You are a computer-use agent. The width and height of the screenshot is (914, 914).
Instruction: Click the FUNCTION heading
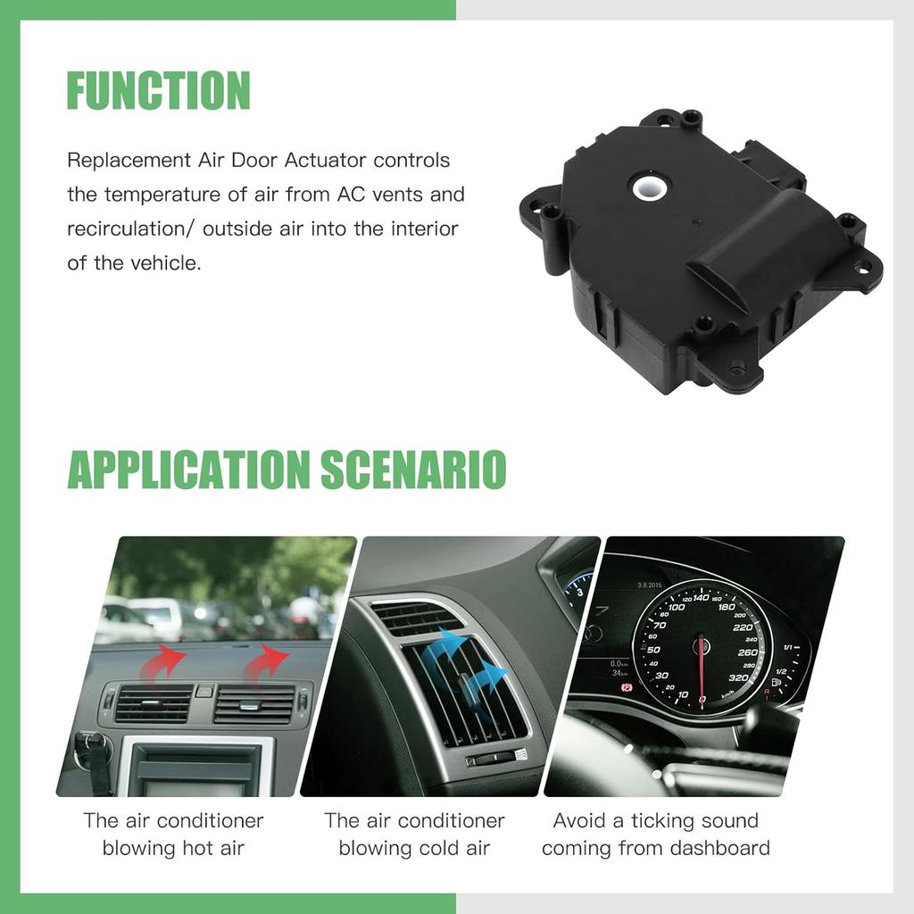point(158,90)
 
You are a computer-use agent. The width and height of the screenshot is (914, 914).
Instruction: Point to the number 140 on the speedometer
point(701,598)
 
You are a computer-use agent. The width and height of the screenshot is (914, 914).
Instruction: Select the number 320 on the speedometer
point(738,677)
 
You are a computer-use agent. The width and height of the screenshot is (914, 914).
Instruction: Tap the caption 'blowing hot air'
point(173,847)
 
